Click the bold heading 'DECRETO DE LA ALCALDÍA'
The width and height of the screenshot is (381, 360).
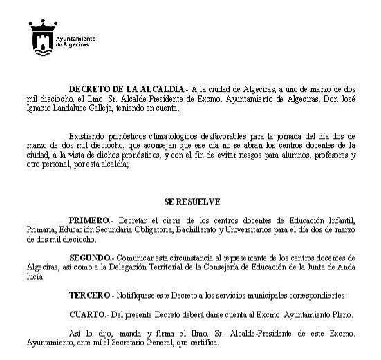pos(127,89)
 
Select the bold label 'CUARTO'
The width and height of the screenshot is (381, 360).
pos(88,314)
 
